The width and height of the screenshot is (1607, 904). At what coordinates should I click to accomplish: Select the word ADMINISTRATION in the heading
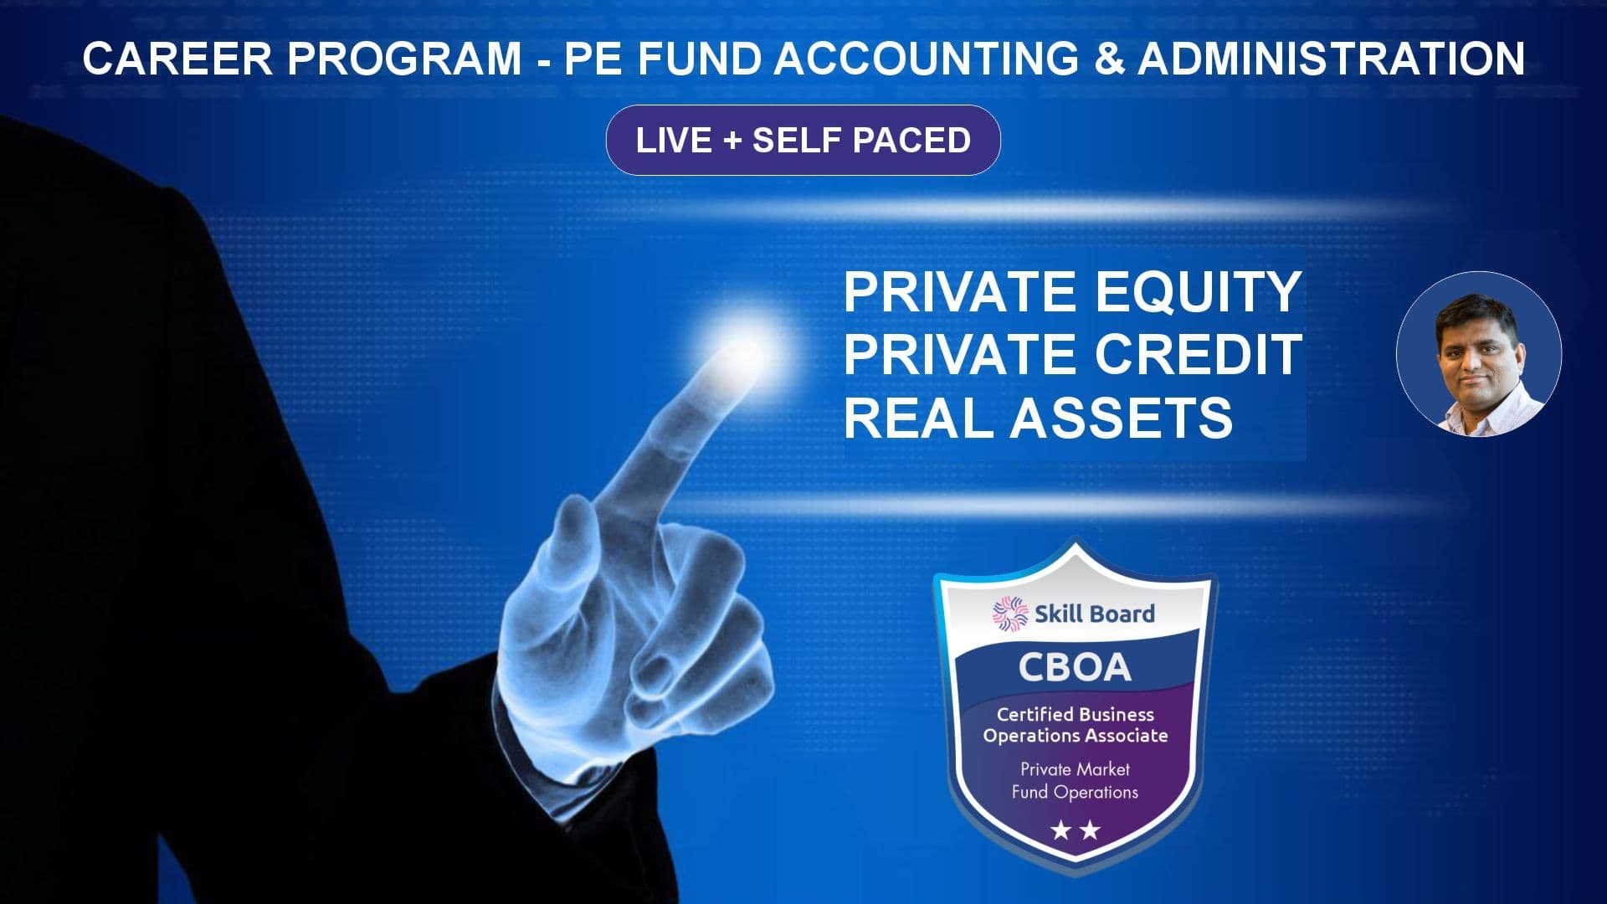[1331, 59]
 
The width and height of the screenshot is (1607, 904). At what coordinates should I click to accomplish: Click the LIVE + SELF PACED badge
[803, 140]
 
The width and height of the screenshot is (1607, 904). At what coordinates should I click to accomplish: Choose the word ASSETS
[1121, 418]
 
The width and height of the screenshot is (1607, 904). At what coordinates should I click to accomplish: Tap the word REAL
[921, 418]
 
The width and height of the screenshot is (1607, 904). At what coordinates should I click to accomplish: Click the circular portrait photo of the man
[1479, 353]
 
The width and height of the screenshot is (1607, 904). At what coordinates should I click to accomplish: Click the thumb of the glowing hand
[578, 544]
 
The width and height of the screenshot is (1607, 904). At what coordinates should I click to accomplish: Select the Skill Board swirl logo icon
[1010, 614]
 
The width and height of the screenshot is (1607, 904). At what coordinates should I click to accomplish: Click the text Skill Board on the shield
[1095, 614]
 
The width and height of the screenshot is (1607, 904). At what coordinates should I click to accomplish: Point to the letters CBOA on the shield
[1075, 667]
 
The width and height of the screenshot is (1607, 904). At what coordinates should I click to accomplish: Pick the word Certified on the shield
[1035, 714]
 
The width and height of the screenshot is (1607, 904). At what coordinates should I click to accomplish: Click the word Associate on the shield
[1126, 736]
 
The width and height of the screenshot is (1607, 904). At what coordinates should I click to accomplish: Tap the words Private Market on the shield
[1075, 769]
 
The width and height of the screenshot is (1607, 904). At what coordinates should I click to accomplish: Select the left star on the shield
[1061, 830]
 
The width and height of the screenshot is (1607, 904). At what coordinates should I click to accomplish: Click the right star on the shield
[1090, 830]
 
